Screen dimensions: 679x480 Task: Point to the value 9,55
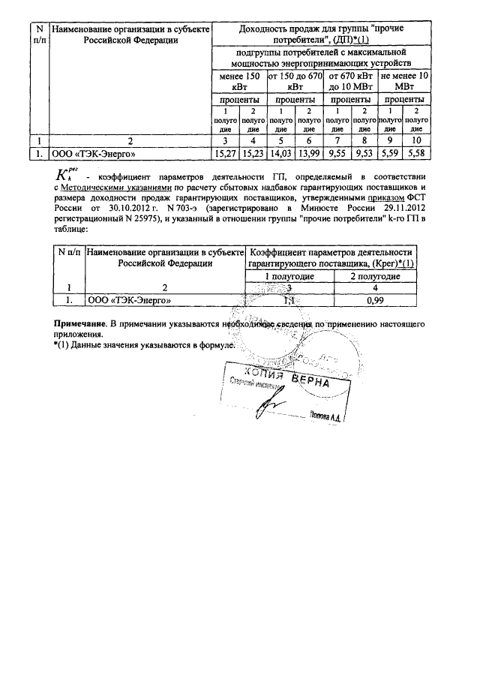(338, 154)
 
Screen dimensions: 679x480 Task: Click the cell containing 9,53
(364, 154)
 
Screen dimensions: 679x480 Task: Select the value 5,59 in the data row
(391, 154)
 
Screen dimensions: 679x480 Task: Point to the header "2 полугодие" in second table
(374, 276)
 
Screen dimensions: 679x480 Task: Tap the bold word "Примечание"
(78, 323)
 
